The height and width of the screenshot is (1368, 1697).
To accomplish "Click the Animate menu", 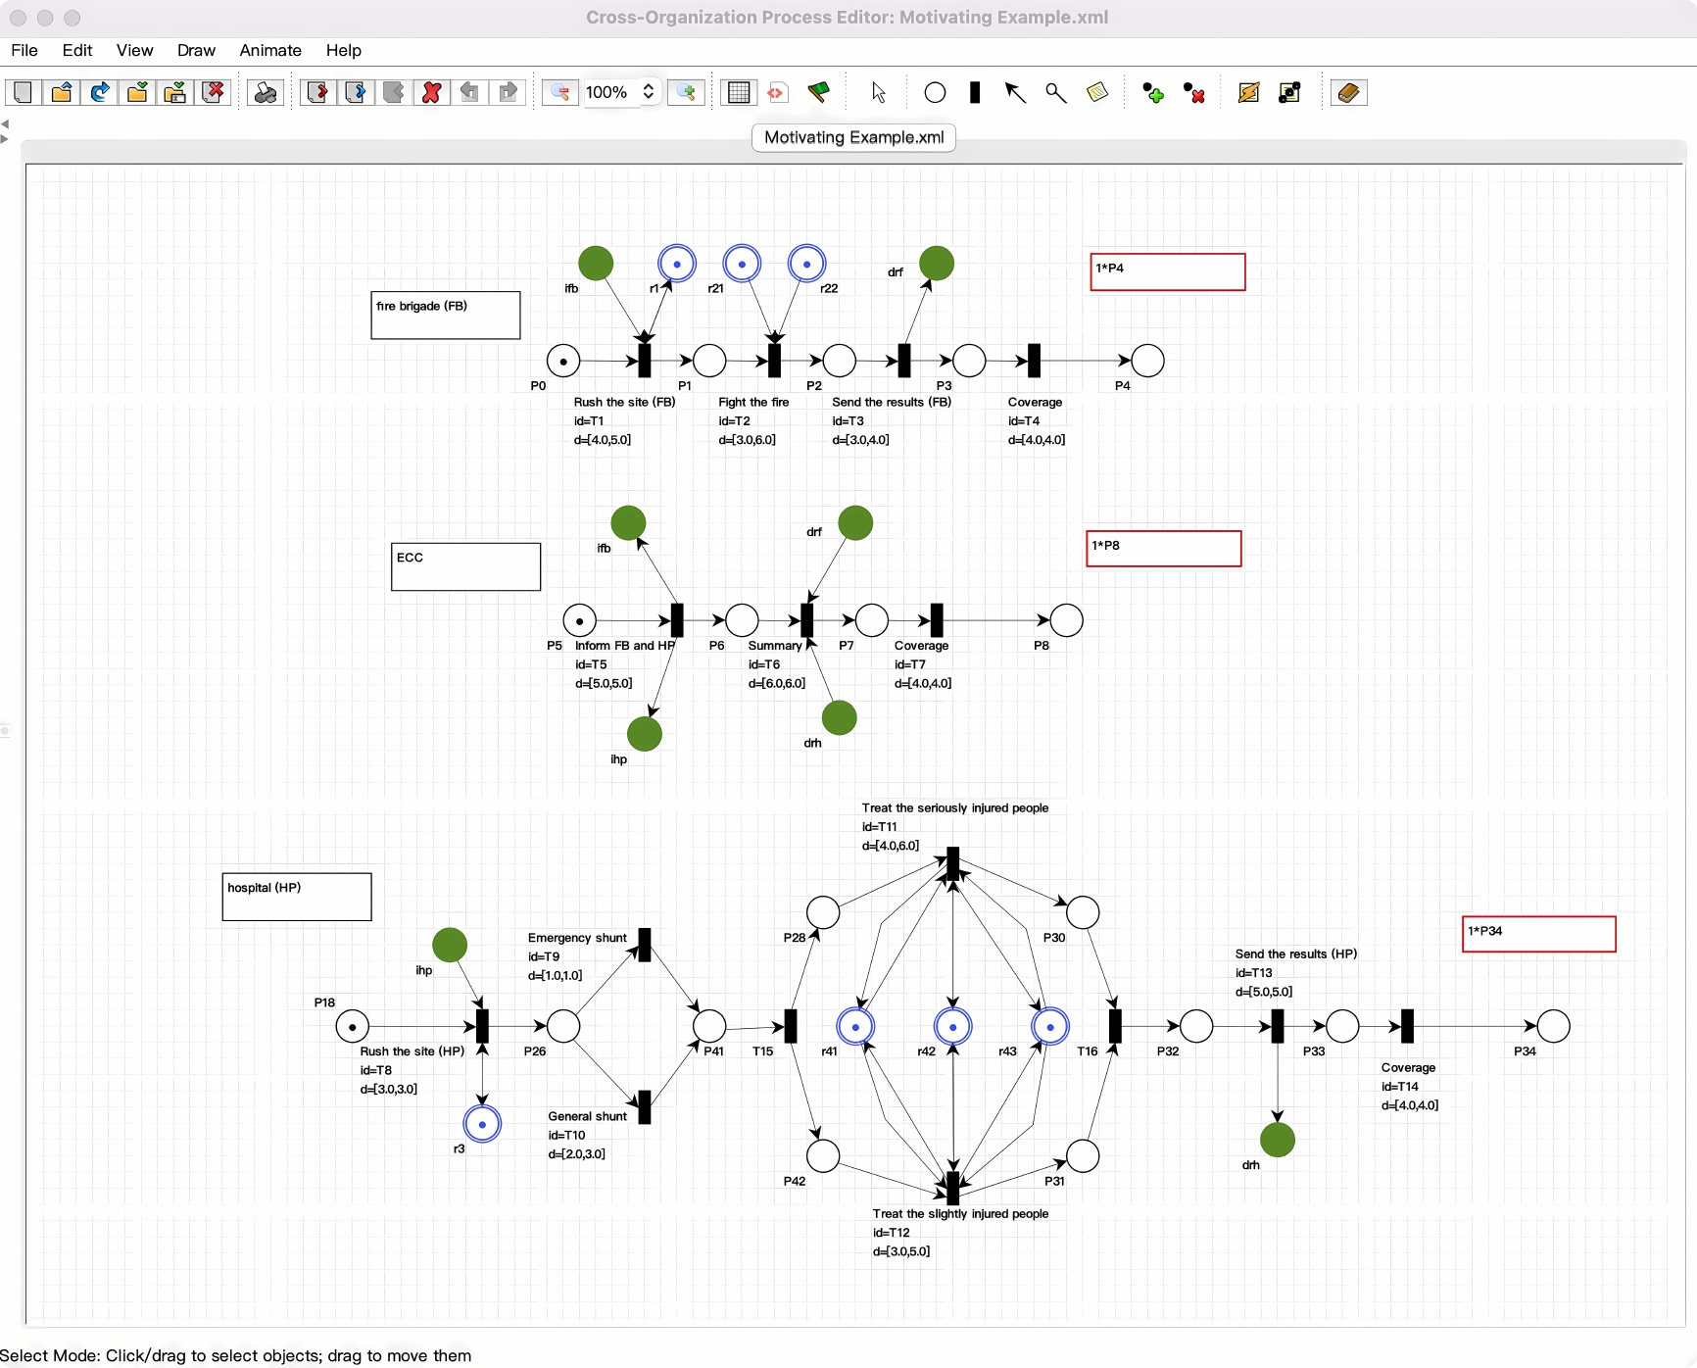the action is coord(270,50).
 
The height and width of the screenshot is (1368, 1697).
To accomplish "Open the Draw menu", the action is coord(196,50).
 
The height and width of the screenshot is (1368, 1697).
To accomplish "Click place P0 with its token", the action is coord(563,361).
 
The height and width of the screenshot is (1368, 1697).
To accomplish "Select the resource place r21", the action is coord(742,264).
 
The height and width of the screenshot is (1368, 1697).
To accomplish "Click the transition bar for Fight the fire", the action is coord(774,361).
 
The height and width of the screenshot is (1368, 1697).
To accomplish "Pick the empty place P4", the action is coord(1147,361).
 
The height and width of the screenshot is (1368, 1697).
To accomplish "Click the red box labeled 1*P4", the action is coord(1168,272).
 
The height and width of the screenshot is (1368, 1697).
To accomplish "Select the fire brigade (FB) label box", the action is coord(446,316).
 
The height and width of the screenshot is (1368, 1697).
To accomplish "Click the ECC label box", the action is coord(465,567).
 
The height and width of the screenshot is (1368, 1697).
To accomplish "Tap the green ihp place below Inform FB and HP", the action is coord(645,734).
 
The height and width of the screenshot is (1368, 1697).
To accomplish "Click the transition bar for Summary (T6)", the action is coord(807,620).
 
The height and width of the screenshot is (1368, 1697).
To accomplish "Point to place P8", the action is coord(1066,620).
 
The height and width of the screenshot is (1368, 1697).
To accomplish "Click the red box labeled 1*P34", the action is coord(1539,934).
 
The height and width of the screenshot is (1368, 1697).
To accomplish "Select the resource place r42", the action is coord(952,1026).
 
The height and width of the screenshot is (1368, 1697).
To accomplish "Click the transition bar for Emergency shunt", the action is coord(644,946).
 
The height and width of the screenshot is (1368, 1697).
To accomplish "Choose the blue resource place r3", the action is coord(482,1124).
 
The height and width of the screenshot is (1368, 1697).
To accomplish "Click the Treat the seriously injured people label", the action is coord(955,808).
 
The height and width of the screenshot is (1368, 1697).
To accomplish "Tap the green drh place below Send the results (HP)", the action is coord(1278,1140).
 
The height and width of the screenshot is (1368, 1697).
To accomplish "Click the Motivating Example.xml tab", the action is coord(853,137).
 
